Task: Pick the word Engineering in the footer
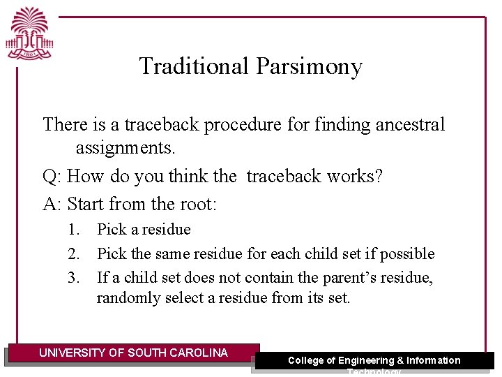coord(365,360)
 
